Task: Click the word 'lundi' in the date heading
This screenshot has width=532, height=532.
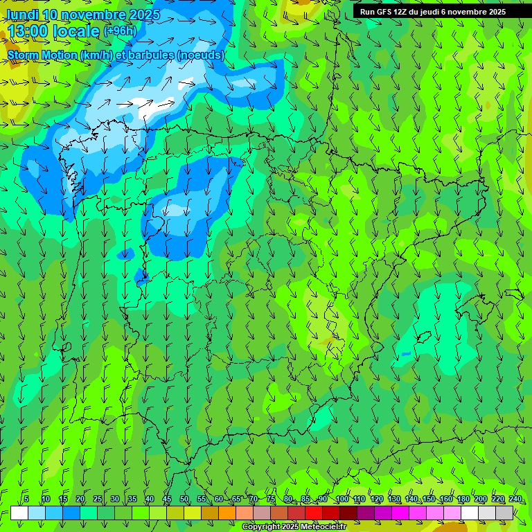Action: point(22,15)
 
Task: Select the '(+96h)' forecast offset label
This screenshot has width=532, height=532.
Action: point(120,31)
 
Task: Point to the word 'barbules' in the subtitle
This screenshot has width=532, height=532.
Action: point(151,55)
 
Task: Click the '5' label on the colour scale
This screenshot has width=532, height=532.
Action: point(26,499)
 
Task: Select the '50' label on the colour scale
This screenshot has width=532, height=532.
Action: point(184,499)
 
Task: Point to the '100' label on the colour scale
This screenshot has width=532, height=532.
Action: point(342,499)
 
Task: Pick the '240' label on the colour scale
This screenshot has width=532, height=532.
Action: point(515,499)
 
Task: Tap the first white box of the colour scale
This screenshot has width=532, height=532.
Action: point(19,513)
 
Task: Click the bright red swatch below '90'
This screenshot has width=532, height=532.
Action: point(314,513)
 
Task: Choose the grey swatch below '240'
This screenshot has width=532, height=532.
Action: point(504,513)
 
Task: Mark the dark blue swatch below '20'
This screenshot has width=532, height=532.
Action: point(71,513)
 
